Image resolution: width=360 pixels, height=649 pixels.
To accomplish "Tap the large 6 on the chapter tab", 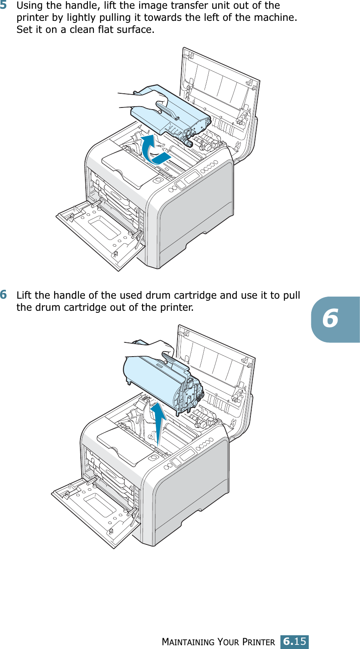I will (330, 319).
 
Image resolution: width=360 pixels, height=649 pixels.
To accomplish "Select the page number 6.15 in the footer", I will (295, 641).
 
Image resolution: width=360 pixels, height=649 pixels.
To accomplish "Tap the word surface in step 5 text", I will (135, 30).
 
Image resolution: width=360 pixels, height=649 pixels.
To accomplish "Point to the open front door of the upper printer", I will (100, 233).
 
